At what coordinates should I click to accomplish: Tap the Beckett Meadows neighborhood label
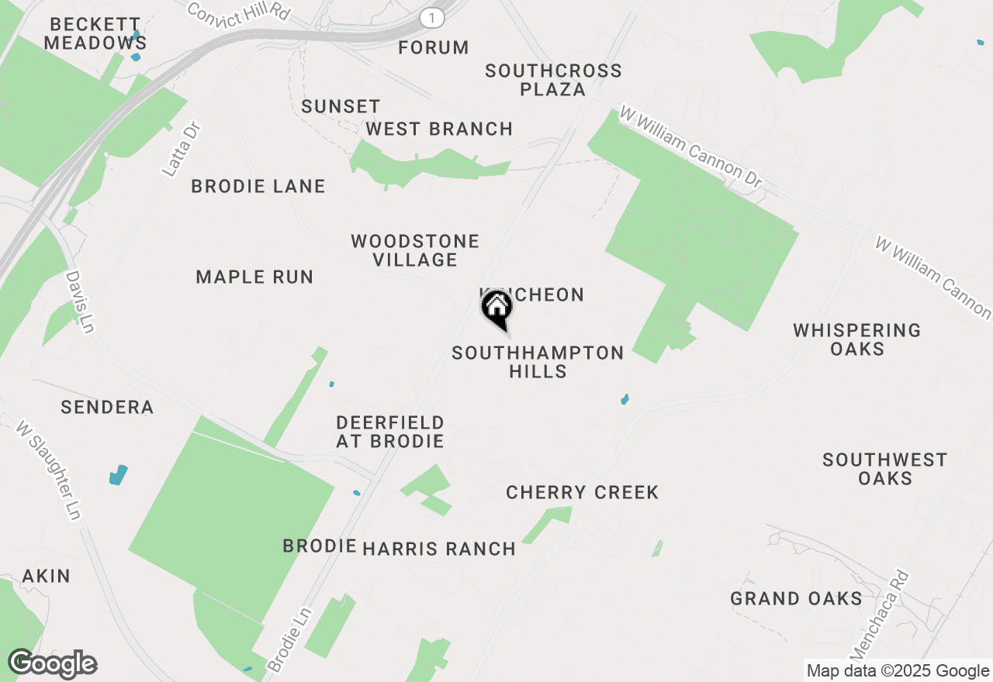tap(92, 34)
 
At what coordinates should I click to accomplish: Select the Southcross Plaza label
tap(553, 80)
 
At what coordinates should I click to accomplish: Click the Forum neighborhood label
tap(434, 48)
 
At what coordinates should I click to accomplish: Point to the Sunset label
tap(341, 106)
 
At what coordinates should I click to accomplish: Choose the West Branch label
tap(439, 129)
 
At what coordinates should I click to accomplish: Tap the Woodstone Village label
tap(415, 250)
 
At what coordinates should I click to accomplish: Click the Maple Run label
tap(254, 277)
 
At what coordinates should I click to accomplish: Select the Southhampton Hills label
tap(538, 362)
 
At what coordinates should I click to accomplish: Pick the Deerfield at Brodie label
tap(389, 432)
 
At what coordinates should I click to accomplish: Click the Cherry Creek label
tap(582, 492)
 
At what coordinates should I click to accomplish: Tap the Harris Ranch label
tap(439, 549)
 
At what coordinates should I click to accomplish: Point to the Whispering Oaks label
tap(856, 339)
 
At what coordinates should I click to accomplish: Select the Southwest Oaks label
tap(884, 469)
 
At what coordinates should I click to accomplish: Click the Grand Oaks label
tap(796, 598)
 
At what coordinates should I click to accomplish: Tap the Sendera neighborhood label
tap(107, 407)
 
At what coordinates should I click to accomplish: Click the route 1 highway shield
tap(431, 17)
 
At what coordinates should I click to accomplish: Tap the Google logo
tap(52, 664)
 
